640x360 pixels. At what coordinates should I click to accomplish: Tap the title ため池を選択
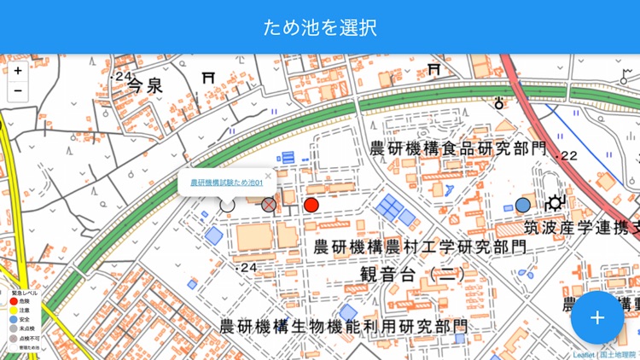[320, 26]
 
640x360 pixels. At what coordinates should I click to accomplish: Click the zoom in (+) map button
[18, 71]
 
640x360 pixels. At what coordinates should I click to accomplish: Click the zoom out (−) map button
[18, 90]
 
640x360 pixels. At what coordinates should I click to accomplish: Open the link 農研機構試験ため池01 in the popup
[225, 182]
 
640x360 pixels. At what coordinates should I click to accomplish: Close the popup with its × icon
[268, 177]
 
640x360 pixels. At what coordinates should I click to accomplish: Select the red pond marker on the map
[311, 205]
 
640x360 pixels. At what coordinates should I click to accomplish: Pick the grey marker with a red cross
[269, 205]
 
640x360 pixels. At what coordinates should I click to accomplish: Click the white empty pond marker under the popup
[227, 205]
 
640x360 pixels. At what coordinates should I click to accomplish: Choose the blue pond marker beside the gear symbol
[522, 205]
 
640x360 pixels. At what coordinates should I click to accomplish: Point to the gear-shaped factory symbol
[556, 203]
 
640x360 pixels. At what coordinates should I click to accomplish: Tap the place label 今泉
[144, 84]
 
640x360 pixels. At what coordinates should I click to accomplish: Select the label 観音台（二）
[413, 275]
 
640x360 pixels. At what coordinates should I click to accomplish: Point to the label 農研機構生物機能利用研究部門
[343, 326]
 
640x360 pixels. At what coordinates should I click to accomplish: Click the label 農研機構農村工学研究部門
[420, 247]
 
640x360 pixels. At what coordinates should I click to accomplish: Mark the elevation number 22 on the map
[569, 156]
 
